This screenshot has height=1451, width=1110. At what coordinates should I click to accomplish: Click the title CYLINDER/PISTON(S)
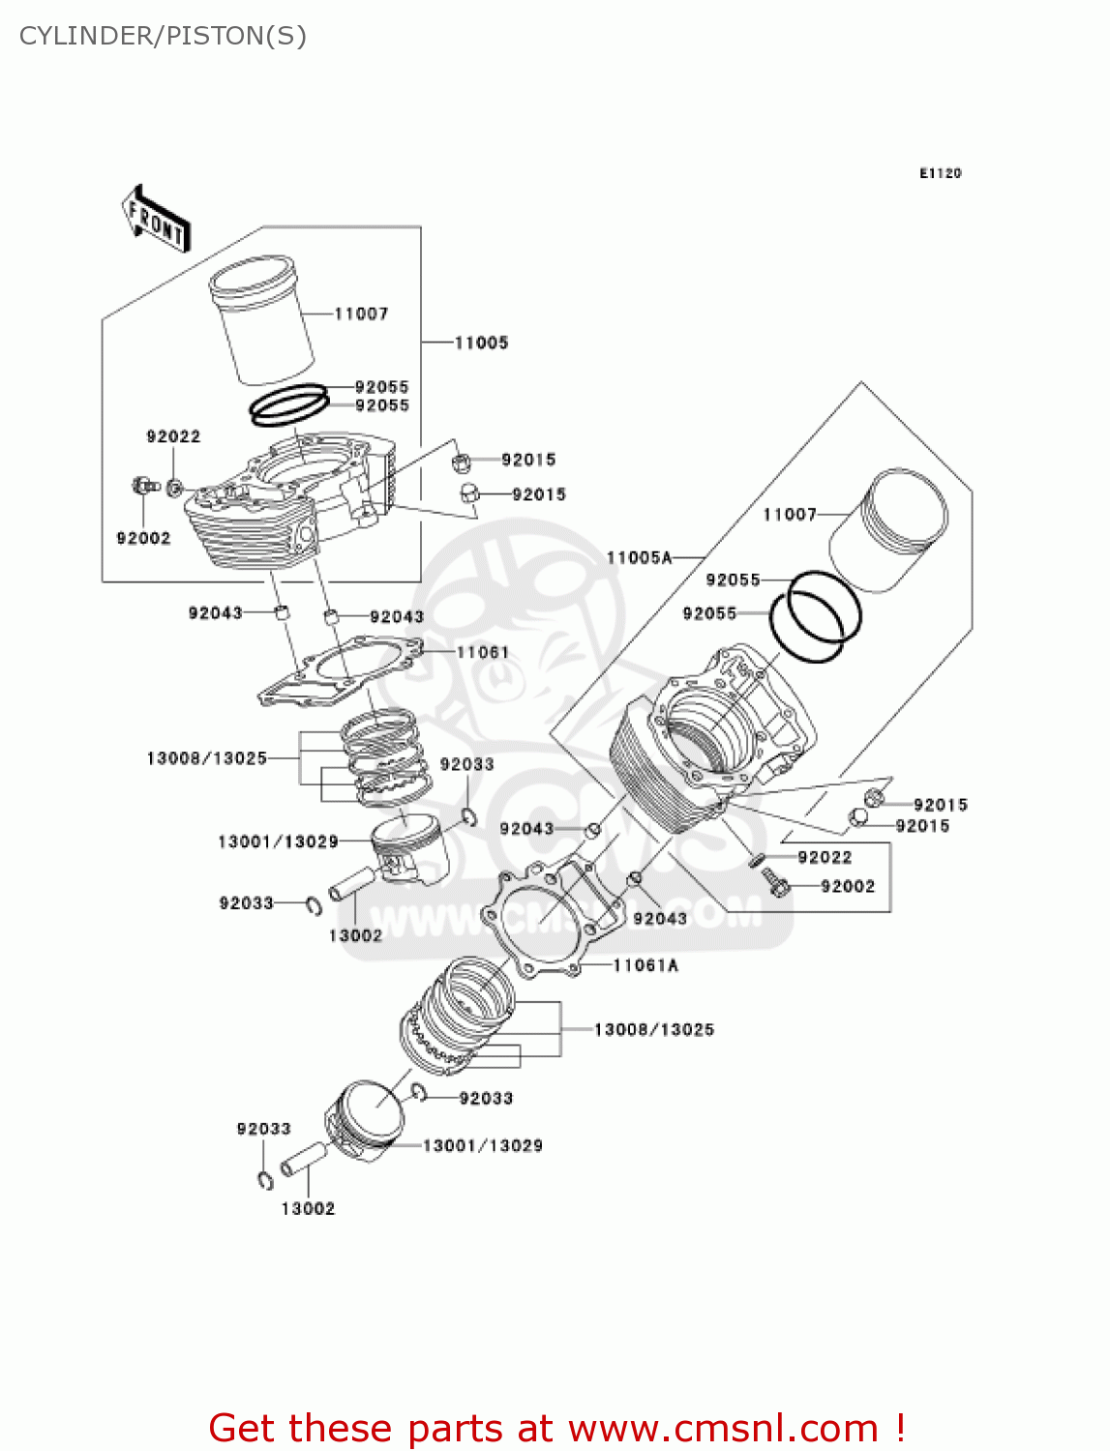(x=163, y=36)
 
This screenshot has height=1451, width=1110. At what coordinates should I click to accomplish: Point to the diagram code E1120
(x=940, y=173)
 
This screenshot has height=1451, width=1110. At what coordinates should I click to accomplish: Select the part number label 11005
(x=481, y=342)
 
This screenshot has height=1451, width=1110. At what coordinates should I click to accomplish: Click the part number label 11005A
(x=639, y=557)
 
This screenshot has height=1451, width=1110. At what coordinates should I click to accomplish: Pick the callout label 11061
(x=483, y=652)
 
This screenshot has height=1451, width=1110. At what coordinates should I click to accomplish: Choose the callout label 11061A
(x=645, y=965)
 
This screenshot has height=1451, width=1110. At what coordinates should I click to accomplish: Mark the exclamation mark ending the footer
(x=900, y=1428)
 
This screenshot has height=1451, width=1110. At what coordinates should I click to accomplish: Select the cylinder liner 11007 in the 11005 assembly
(x=261, y=319)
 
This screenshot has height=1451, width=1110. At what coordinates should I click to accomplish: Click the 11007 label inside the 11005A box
(x=790, y=515)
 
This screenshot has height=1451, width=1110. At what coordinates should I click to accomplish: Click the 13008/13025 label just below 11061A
(x=654, y=1029)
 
